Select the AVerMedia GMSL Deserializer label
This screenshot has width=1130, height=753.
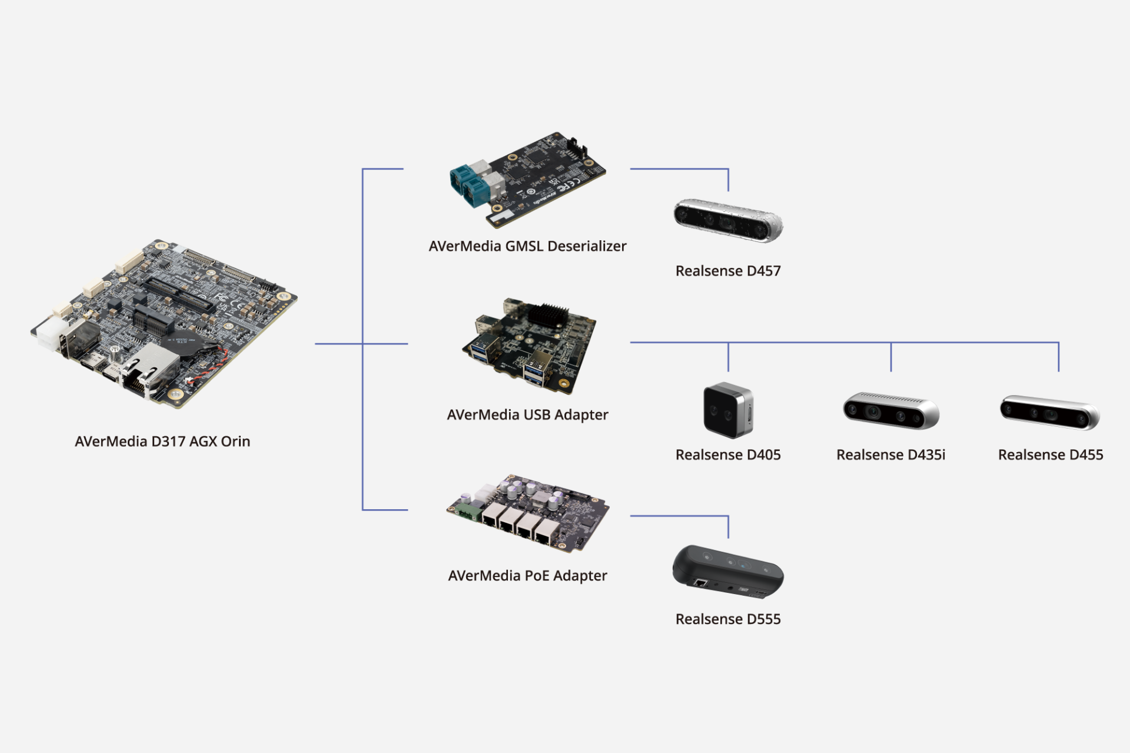point(527,246)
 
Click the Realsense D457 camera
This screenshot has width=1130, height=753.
point(728,220)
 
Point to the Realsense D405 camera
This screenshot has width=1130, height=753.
point(728,410)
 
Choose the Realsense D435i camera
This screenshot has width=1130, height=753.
point(890,410)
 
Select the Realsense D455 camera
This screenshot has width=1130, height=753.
point(1050,412)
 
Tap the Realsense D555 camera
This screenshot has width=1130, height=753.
point(728,571)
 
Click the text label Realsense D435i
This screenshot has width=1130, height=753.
point(890,455)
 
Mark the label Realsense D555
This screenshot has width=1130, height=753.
point(728,619)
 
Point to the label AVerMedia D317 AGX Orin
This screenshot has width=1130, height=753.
point(162,441)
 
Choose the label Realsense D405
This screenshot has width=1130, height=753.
point(728,455)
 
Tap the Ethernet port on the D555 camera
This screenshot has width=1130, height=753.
point(701,583)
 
